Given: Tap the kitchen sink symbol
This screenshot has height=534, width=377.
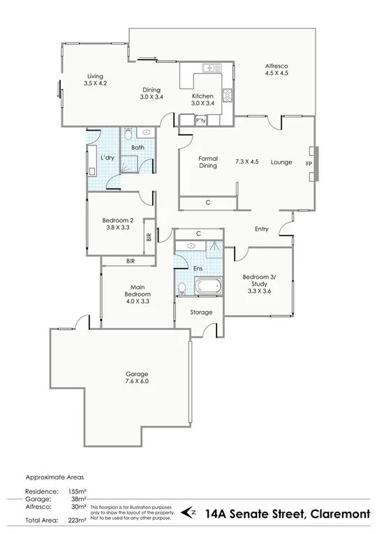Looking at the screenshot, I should pos(209,68).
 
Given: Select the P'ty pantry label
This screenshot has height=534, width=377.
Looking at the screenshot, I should pos(202,121).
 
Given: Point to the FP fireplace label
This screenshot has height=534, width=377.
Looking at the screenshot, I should pos(309,163).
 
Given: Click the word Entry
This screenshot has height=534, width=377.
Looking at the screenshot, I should pos(262,229).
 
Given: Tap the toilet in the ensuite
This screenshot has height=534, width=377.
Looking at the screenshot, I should pos(182,287).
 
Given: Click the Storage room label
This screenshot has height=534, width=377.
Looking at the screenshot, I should pos(201,312).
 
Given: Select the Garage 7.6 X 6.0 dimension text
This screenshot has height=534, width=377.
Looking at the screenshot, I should pos(137,381).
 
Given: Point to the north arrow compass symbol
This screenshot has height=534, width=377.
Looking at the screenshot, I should pos(188,512).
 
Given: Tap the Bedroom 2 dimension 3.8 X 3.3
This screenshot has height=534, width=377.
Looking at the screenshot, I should pos(117,226).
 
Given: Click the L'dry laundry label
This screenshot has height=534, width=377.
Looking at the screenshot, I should pos(108,158).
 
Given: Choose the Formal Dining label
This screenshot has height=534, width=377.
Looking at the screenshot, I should pos(208,162).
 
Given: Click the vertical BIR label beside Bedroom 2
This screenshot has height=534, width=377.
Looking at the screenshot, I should pos(149,236).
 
